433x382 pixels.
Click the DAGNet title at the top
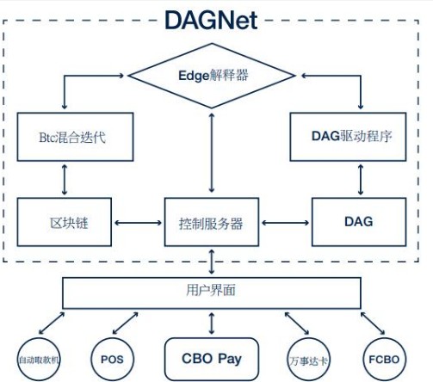211,19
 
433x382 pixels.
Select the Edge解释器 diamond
212,76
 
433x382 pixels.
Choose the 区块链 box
65,222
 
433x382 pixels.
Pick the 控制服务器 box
212,223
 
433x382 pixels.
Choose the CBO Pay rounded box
212,354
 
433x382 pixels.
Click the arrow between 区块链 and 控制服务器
139,223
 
